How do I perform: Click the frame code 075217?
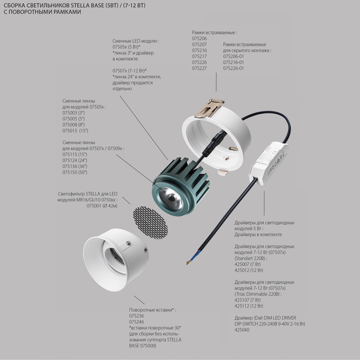(200, 56)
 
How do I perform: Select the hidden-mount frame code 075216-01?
(233, 62)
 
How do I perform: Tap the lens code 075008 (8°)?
(74, 124)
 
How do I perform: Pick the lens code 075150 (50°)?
(75, 172)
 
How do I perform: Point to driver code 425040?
(242, 330)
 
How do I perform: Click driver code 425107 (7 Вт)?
(247, 300)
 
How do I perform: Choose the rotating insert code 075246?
(136, 322)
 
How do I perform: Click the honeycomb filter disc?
(150, 223)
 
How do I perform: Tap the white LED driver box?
(268, 163)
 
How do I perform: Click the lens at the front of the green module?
(171, 197)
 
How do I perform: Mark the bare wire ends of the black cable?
(189, 262)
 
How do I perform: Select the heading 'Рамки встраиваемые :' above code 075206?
(214, 32)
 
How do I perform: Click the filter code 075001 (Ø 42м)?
(102, 206)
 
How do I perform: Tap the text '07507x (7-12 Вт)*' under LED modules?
(130, 71)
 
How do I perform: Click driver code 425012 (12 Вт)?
(248, 270)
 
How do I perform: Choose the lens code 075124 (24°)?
(75, 160)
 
